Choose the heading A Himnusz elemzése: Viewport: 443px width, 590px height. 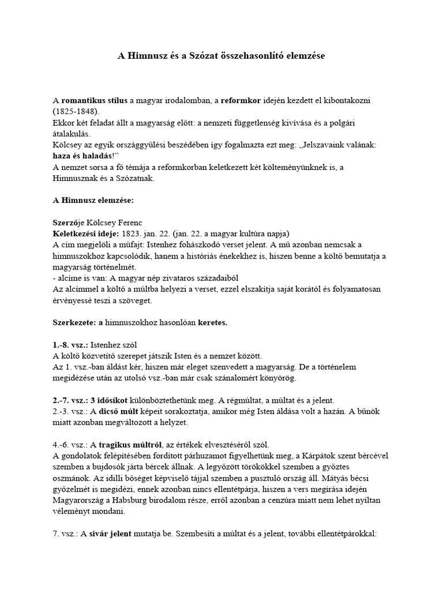93,200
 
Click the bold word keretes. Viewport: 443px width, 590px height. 212,323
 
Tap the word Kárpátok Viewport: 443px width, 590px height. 325,456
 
